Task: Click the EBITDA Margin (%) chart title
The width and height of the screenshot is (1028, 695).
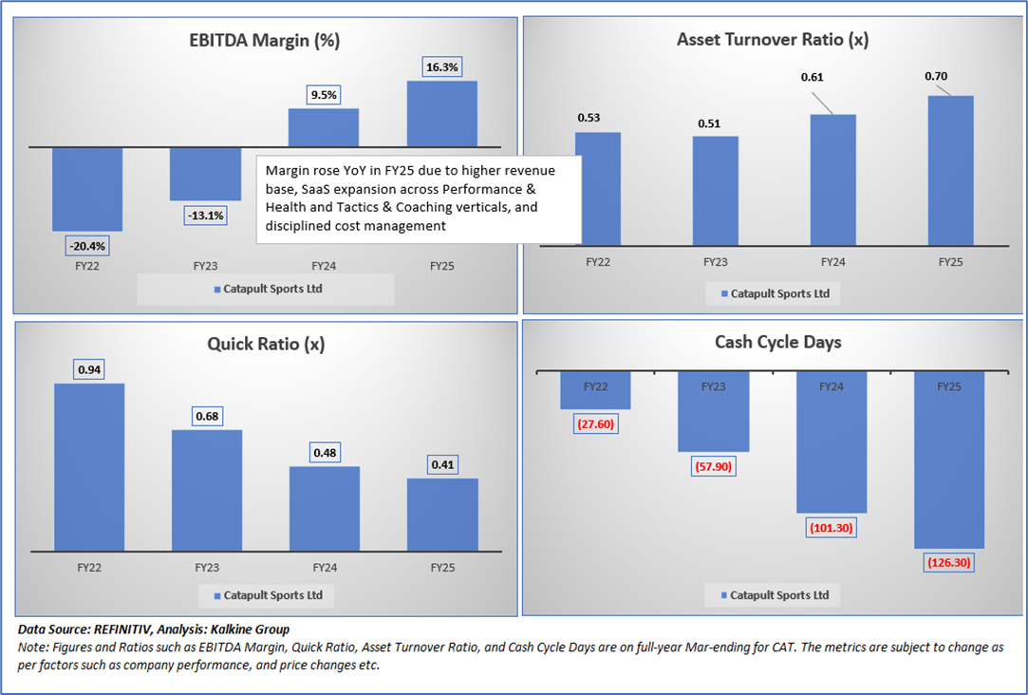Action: point(264,40)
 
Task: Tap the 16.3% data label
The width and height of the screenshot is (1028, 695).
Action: point(441,67)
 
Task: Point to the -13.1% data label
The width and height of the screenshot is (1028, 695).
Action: point(205,216)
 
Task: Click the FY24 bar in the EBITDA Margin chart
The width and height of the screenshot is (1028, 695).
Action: point(324,127)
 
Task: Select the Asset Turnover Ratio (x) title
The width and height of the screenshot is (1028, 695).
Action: point(772,40)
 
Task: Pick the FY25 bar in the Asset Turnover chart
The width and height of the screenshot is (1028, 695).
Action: point(950,171)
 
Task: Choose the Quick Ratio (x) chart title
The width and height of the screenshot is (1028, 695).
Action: point(266,344)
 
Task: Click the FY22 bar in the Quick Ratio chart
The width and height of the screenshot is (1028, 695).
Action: point(89,466)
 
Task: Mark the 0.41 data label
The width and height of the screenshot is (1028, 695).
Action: point(442,465)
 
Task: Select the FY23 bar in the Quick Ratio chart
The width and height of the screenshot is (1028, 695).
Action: point(207,490)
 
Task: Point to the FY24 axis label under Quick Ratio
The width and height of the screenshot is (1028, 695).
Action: point(325,568)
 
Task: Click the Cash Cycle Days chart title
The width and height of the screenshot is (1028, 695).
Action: point(777,342)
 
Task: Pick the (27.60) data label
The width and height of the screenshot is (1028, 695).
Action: point(596,423)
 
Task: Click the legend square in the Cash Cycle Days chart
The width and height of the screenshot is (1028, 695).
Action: point(725,595)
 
